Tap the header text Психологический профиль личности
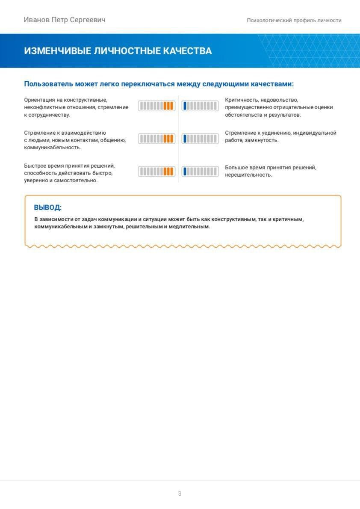[x=294, y=20]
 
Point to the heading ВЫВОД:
[x=47, y=208]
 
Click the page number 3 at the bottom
[x=180, y=494]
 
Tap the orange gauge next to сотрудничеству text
[x=156, y=106]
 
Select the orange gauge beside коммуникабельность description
[x=156, y=139]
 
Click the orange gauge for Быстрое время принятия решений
[x=156, y=172]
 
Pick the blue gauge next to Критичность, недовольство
[x=200, y=106]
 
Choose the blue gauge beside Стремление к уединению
[x=200, y=139]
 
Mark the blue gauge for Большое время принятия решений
[x=200, y=172]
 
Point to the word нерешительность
[x=248, y=175]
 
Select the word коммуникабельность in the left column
[x=52, y=148]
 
